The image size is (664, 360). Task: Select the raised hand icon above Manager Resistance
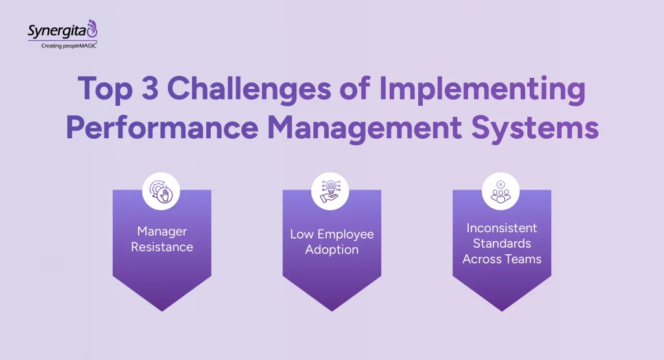point(161,191)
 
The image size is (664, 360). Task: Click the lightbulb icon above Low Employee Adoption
point(331,191)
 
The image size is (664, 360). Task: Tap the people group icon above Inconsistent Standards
point(501,191)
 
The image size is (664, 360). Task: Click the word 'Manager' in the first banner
point(161,232)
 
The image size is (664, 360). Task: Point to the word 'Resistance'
point(161,247)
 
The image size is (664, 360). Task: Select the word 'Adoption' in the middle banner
point(331,250)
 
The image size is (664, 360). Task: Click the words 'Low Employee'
point(331,234)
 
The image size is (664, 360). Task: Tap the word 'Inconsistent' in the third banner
point(501,228)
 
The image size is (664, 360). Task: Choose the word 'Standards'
point(501,243)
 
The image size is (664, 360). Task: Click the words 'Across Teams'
point(501,259)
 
